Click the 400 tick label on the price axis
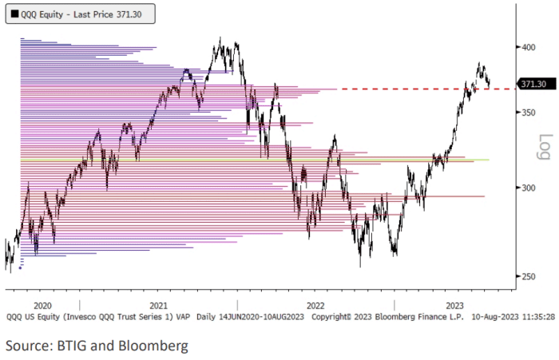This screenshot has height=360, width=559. [529, 47]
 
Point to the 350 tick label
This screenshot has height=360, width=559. [529, 113]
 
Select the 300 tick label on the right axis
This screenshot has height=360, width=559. [529, 188]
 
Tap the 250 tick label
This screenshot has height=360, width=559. [529, 276]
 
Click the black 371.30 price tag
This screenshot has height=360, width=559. [533, 84]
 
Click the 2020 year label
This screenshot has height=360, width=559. [43, 306]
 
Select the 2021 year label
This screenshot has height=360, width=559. [158, 306]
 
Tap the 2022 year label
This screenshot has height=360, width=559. [315, 306]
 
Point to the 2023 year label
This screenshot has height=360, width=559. [454, 306]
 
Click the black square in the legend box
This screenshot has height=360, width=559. [15, 13]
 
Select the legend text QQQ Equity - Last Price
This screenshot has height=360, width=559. [64, 13]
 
